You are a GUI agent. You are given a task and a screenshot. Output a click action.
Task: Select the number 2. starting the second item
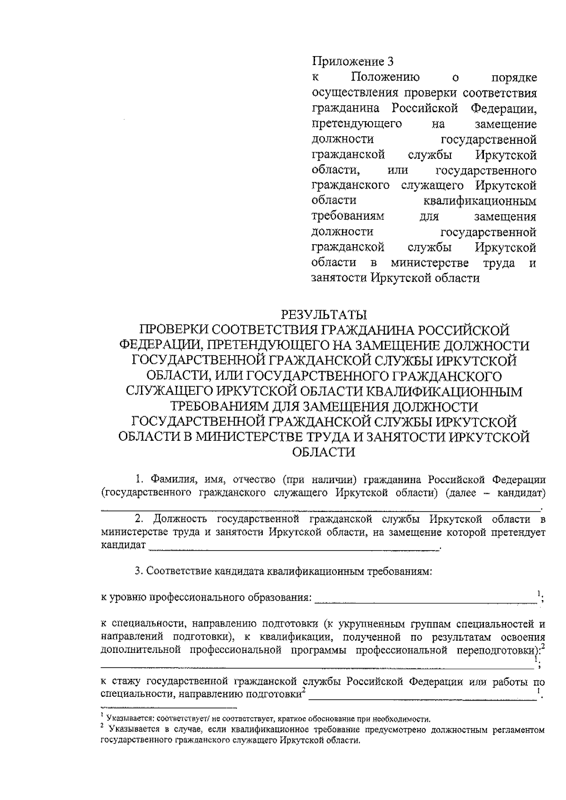140,520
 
